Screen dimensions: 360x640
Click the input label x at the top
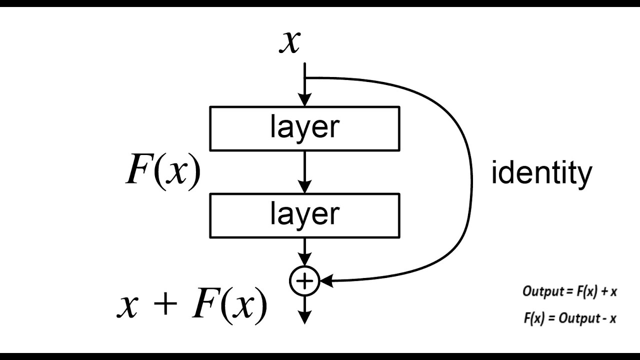[290, 42]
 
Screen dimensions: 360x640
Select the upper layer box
[305, 128]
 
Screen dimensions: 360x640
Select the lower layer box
[305, 215]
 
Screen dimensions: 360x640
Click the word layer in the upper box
[305, 127]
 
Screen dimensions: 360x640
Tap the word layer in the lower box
[305, 214]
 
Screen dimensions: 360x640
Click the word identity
[541, 173]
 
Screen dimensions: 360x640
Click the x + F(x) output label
[192, 306]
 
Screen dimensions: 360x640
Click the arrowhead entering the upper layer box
[304, 100]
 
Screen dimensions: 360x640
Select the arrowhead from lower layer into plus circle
[304, 263]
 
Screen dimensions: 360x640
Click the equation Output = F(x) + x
[569, 292]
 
